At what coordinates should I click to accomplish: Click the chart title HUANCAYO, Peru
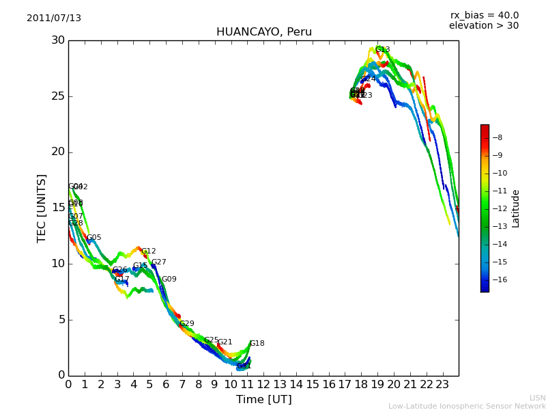point(263,32)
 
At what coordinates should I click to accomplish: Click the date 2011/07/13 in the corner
point(54,18)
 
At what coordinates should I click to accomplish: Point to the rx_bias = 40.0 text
point(484,16)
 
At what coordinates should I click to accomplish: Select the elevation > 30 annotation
point(483,26)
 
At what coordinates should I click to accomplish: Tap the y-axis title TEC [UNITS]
point(42,208)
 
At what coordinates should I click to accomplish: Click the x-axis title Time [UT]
point(263,400)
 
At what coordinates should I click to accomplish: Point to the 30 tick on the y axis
point(57,40)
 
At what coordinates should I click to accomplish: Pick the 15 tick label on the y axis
point(57,208)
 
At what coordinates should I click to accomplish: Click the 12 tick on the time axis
point(263,384)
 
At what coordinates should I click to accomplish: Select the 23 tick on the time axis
point(442,384)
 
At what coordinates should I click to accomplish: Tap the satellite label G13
point(383,50)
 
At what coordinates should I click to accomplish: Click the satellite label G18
point(257,344)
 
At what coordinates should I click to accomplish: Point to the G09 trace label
point(169,279)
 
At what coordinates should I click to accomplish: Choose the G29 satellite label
point(186,324)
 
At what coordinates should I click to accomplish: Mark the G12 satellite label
point(149,251)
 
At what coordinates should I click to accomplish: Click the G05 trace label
point(94,238)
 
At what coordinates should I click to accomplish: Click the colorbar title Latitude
point(516,208)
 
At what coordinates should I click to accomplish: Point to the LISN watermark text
point(537,398)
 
